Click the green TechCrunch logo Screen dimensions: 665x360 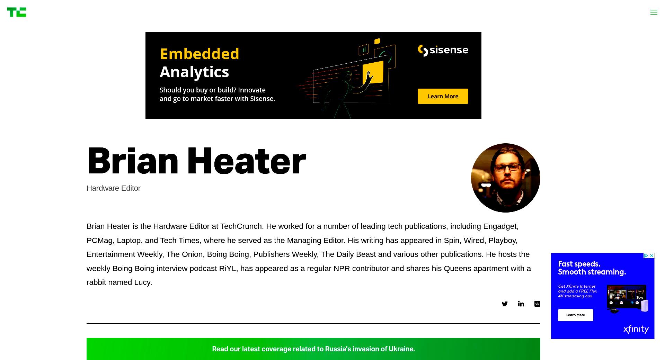(x=16, y=12)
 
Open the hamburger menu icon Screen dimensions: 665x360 (x=654, y=12)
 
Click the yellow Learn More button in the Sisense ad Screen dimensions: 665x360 (x=443, y=96)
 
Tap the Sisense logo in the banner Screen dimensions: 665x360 (x=443, y=50)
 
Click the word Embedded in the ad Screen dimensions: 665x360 (x=199, y=54)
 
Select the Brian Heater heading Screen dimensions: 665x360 (x=196, y=161)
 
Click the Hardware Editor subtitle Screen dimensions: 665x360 (x=114, y=188)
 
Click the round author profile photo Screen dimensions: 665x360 (x=506, y=178)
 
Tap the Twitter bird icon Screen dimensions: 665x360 (x=505, y=304)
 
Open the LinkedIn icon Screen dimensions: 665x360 (x=521, y=304)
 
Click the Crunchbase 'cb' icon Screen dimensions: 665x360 (x=537, y=304)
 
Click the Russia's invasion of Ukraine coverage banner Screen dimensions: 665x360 (x=313, y=349)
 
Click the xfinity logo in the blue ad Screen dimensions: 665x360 (x=636, y=329)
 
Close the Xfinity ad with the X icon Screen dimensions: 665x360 (x=651, y=255)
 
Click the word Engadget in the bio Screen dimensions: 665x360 (x=500, y=226)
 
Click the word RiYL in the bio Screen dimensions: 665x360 (x=228, y=269)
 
